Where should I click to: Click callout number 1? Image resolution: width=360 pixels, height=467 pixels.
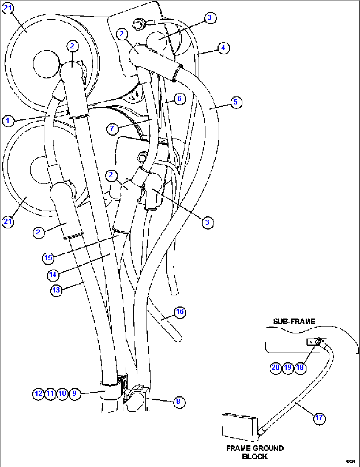pyautogui.click(x=8, y=120)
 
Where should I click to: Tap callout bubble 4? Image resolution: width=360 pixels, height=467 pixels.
pyautogui.click(x=223, y=48)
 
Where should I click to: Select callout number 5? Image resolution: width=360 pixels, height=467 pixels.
pyautogui.click(x=235, y=102)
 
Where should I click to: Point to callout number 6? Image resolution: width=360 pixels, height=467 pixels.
pyautogui.click(x=179, y=99)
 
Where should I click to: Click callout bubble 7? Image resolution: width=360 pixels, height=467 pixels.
pyautogui.click(x=112, y=128)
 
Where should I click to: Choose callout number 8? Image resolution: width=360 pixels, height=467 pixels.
pyautogui.click(x=178, y=401)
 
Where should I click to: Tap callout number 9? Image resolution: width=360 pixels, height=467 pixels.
pyautogui.click(x=75, y=393)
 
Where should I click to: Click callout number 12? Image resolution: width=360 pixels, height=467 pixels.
pyautogui.click(x=38, y=393)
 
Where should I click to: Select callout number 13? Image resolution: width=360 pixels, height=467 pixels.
pyautogui.click(x=56, y=290)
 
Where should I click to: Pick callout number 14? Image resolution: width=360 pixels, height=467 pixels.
pyautogui.click(x=53, y=274)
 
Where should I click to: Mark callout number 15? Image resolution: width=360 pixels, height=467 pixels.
pyautogui.click(x=48, y=258)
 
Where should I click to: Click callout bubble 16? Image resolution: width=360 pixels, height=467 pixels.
pyautogui.click(x=180, y=312)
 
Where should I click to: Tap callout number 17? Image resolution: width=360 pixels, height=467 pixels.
pyautogui.click(x=319, y=418)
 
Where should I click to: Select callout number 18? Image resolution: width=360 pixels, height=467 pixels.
pyautogui.click(x=300, y=367)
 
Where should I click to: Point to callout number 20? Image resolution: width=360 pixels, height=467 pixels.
pyautogui.click(x=275, y=367)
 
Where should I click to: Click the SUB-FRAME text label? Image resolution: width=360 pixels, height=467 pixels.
pyautogui.click(x=294, y=321)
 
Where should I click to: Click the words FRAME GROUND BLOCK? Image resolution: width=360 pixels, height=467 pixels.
pyautogui.click(x=255, y=452)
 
